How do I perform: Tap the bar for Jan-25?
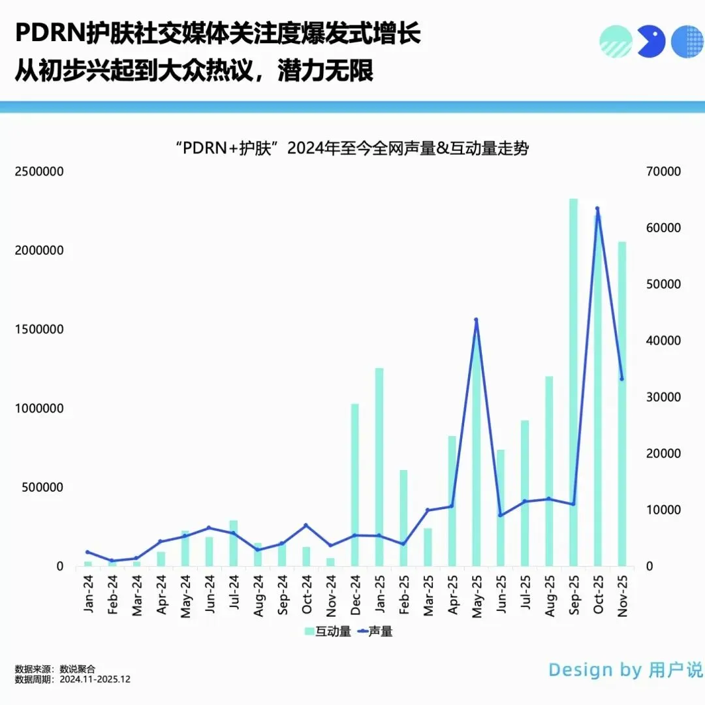click(379, 467)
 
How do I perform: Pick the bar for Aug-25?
click(549, 471)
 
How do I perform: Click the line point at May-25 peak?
click(476, 320)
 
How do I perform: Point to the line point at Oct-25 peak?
click(597, 209)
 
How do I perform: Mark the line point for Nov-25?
click(621, 379)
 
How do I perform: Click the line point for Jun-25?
click(501, 515)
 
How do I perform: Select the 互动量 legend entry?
click(328, 631)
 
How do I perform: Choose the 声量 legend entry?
click(375, 631)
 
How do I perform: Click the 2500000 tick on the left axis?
click(39, 172)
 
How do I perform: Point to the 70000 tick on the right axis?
click(663, 172)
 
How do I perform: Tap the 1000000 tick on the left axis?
click(39, 409)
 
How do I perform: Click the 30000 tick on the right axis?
click(663, 398)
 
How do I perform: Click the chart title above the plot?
click(352, 148)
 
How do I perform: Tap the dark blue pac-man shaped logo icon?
click(650, 42)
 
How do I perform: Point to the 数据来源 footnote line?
click(55, 669)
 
